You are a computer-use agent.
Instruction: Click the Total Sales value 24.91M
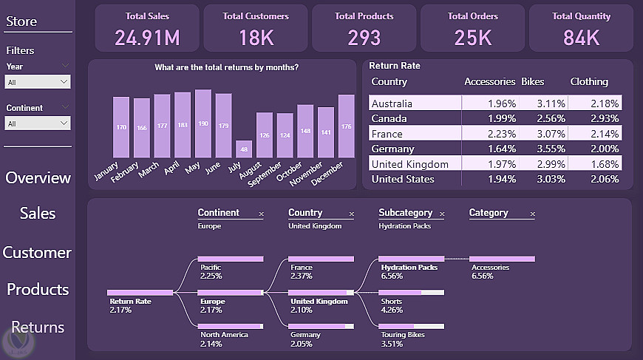click(147, 38)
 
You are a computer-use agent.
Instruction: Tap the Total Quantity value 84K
click(581, 38)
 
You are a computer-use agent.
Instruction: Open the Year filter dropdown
click(38, 82)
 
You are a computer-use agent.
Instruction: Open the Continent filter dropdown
click(38, 123)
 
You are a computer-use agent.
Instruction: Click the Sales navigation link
click(38, 214)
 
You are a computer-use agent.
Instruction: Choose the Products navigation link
click(38, 290)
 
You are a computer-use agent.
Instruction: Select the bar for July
click(244, 149)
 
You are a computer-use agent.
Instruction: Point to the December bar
click(346, 126)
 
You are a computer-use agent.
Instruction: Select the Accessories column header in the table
click(489, 82)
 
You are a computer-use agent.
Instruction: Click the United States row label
click(403, 179)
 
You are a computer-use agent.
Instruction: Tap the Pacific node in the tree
click(211, 267)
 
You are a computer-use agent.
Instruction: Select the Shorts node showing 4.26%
click(392, 301)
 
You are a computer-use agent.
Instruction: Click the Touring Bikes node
click(403, 335)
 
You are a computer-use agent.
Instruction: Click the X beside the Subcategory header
click(442, 214)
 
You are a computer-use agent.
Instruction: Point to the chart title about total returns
click(226, 68)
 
